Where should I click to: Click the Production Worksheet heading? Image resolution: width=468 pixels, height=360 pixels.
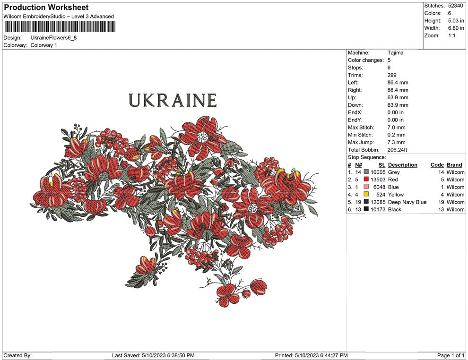[x=46, y=8]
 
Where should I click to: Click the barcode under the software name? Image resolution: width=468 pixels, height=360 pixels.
[x=60, y=26]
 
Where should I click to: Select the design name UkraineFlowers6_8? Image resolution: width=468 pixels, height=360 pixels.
[x=53, y=37]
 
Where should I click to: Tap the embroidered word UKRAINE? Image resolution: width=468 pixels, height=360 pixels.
[x=173, y=101]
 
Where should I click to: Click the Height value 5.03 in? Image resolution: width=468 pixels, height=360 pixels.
[x=456, y=21]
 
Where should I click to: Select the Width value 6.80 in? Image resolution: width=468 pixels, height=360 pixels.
[x=456, y=28]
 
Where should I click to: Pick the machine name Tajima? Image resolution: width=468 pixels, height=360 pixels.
[x=395, y=53]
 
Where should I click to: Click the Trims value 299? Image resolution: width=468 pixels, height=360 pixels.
[x=392, y=75]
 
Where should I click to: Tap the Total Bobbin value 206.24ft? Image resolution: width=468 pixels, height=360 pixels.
[x=397, y=150]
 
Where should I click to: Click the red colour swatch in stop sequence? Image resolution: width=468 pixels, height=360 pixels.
[x=366, y=180]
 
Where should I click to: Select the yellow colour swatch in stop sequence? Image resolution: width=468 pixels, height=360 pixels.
[x=366, y=195]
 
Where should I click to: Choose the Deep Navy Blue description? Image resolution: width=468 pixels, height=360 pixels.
[x=407, y=202]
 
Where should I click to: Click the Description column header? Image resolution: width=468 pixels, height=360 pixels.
[x=402, y=165]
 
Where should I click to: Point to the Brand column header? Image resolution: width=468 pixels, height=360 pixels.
[x=454, y=165]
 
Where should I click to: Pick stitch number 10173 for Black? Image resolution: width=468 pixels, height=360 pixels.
[x=378, y=210]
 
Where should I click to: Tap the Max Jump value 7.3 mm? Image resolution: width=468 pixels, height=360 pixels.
[x=396, y=142]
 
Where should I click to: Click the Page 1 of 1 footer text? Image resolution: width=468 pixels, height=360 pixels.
[x=451, y=355]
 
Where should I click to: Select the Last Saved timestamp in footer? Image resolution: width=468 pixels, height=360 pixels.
[x=153, y=355]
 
